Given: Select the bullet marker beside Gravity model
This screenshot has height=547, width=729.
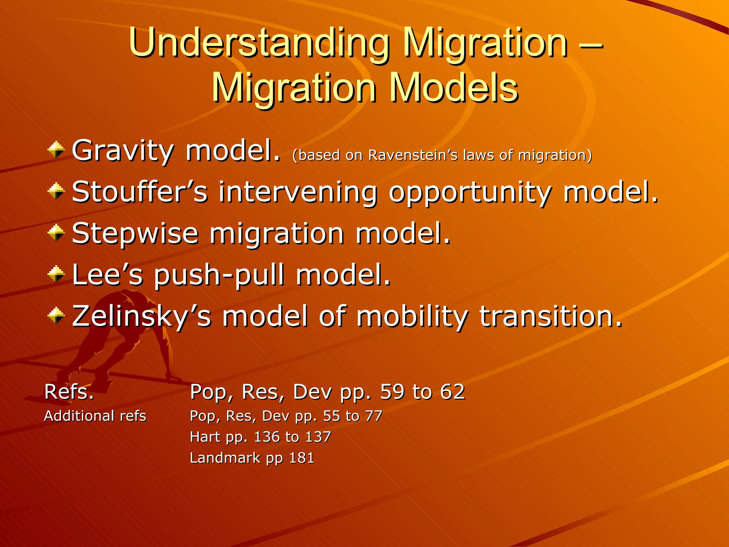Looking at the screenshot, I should click(x=56, y=150).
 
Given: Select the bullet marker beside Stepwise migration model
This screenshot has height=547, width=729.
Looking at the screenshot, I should click(x=56, y=233).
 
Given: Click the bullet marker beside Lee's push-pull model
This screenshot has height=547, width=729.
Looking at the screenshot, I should click(x=56, y=275).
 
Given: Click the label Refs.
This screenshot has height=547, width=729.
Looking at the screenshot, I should click(x=69, y=392).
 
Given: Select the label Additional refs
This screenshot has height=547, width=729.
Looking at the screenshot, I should click(x=95, y=416).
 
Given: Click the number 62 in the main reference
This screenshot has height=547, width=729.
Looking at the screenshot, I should click(x=452, y=392).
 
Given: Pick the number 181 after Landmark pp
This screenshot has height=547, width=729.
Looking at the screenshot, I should click(x=301, y=458).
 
